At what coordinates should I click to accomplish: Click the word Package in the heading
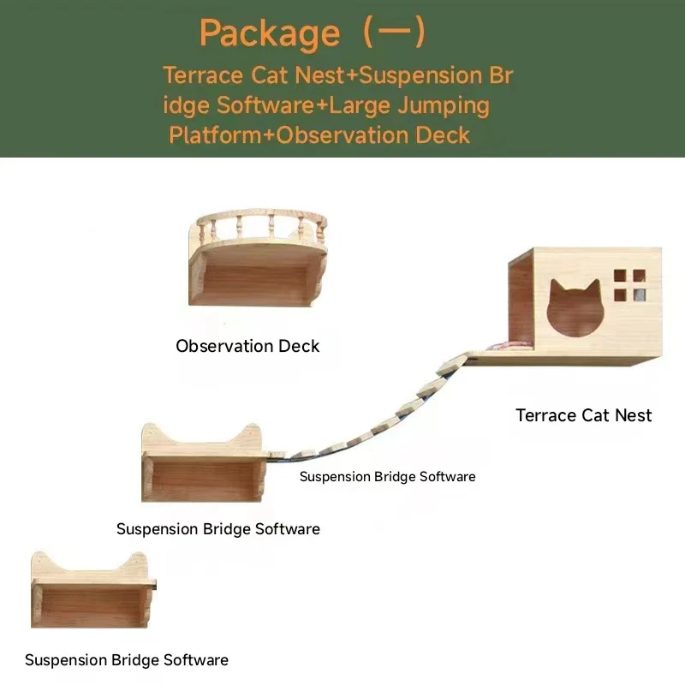tap(269, 33)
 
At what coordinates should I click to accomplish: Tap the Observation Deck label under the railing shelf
tap(247, 346)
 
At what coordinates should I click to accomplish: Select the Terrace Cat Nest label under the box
tap(583, 415)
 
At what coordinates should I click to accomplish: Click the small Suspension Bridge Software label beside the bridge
tap(387, 476)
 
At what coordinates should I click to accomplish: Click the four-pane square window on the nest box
tap(630, 285)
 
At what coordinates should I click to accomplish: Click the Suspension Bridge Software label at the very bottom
tap(127, 660)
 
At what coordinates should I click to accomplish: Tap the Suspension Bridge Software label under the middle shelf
tap(218, 529)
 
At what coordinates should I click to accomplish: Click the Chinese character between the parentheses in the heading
tap(393, 33)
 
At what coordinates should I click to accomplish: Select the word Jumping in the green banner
tap(449, 105)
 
